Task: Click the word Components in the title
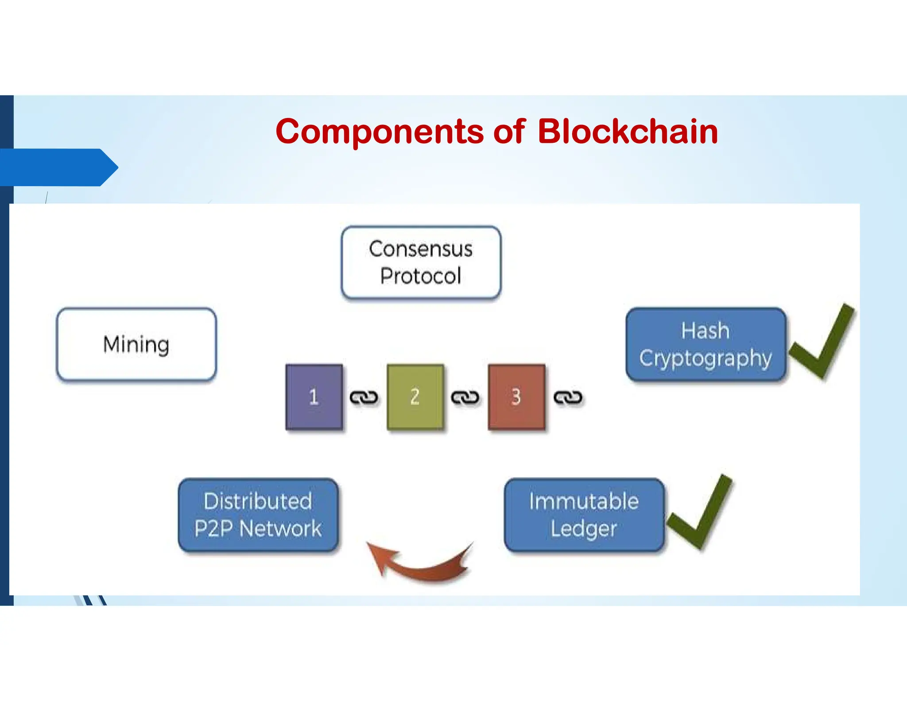380,132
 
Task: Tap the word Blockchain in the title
628,132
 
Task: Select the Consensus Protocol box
421,262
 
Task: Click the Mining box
136,344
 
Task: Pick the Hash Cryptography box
706,344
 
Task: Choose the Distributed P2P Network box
258,515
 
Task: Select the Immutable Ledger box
584,515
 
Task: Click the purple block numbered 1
314,397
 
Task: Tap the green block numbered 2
415,397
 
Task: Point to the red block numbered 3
516,397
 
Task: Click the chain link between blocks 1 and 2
364,397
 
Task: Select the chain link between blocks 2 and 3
465,397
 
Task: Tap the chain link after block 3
568,397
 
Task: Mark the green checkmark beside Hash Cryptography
822,341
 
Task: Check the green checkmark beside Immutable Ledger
699,512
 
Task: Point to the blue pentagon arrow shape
59,167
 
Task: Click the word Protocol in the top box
421,276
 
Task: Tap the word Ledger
584,529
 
